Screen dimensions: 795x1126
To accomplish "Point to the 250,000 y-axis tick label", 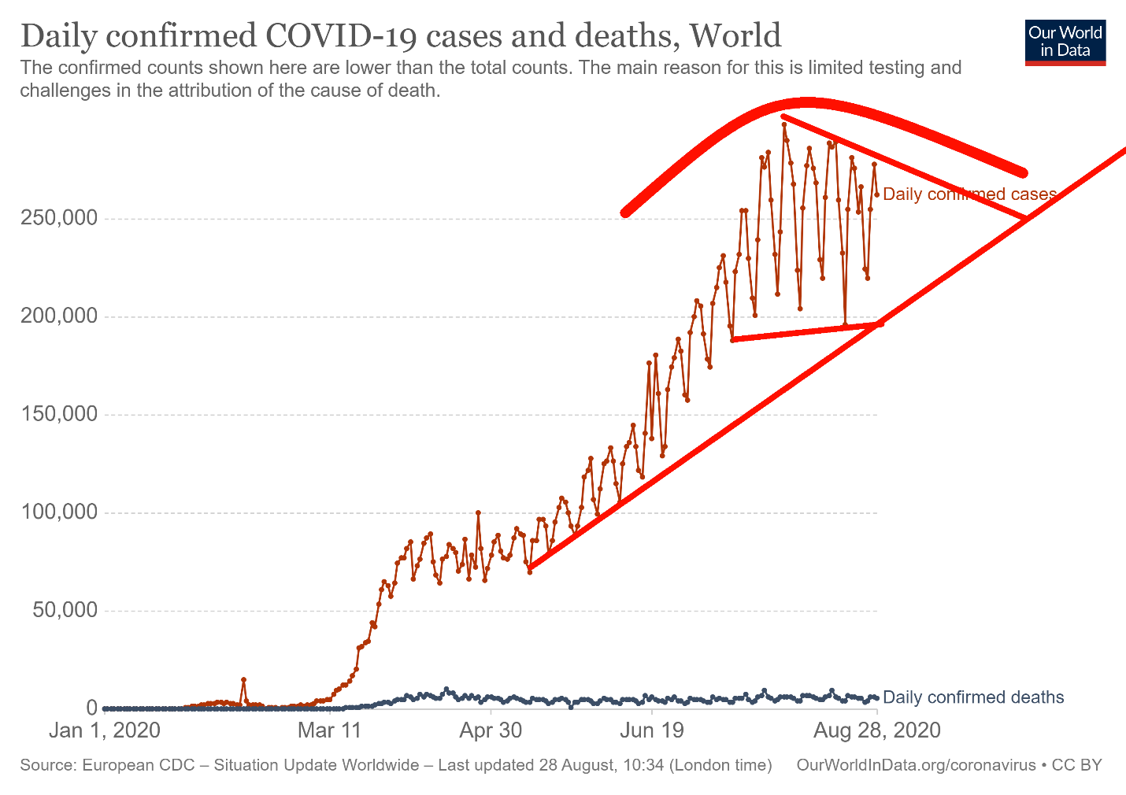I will pyautogui.click(x=61, y=218).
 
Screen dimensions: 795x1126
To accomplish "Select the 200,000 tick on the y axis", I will pyautogui.click(x=61, y=316).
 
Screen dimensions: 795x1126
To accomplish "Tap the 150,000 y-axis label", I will pyautogui.click(x=61, y=415).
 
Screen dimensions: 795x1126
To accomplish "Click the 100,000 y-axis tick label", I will pyautogui.click(x=61, y=513).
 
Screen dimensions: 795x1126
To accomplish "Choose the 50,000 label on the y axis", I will pyautogui.click(x=66, y=611).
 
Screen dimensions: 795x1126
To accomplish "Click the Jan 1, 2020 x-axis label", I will pyautogui.click(x=104, y=730).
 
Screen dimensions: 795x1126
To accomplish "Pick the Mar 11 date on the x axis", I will pyautogui.click(x=329, y=730).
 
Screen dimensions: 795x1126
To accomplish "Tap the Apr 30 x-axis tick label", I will pyautogui.click(x=491, y=730).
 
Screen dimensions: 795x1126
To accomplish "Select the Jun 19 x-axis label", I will pyautogui.click(x=652, y=730).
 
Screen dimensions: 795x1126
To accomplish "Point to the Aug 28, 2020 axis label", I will pyautogui.click(x=876, y=730).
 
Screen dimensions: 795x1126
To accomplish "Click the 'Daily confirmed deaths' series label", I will pyautogui.click(x=973, y=697).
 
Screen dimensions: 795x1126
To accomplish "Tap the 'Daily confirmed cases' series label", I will pyautogui.click(x=969, y=194).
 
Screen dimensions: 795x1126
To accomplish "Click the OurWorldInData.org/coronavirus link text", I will pyautogui.click(x=916, y=765).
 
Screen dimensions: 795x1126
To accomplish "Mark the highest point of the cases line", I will pyautogui.click(x=783, y=124).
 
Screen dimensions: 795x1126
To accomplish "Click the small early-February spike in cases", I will pyautogui.click(x=243, y=679).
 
